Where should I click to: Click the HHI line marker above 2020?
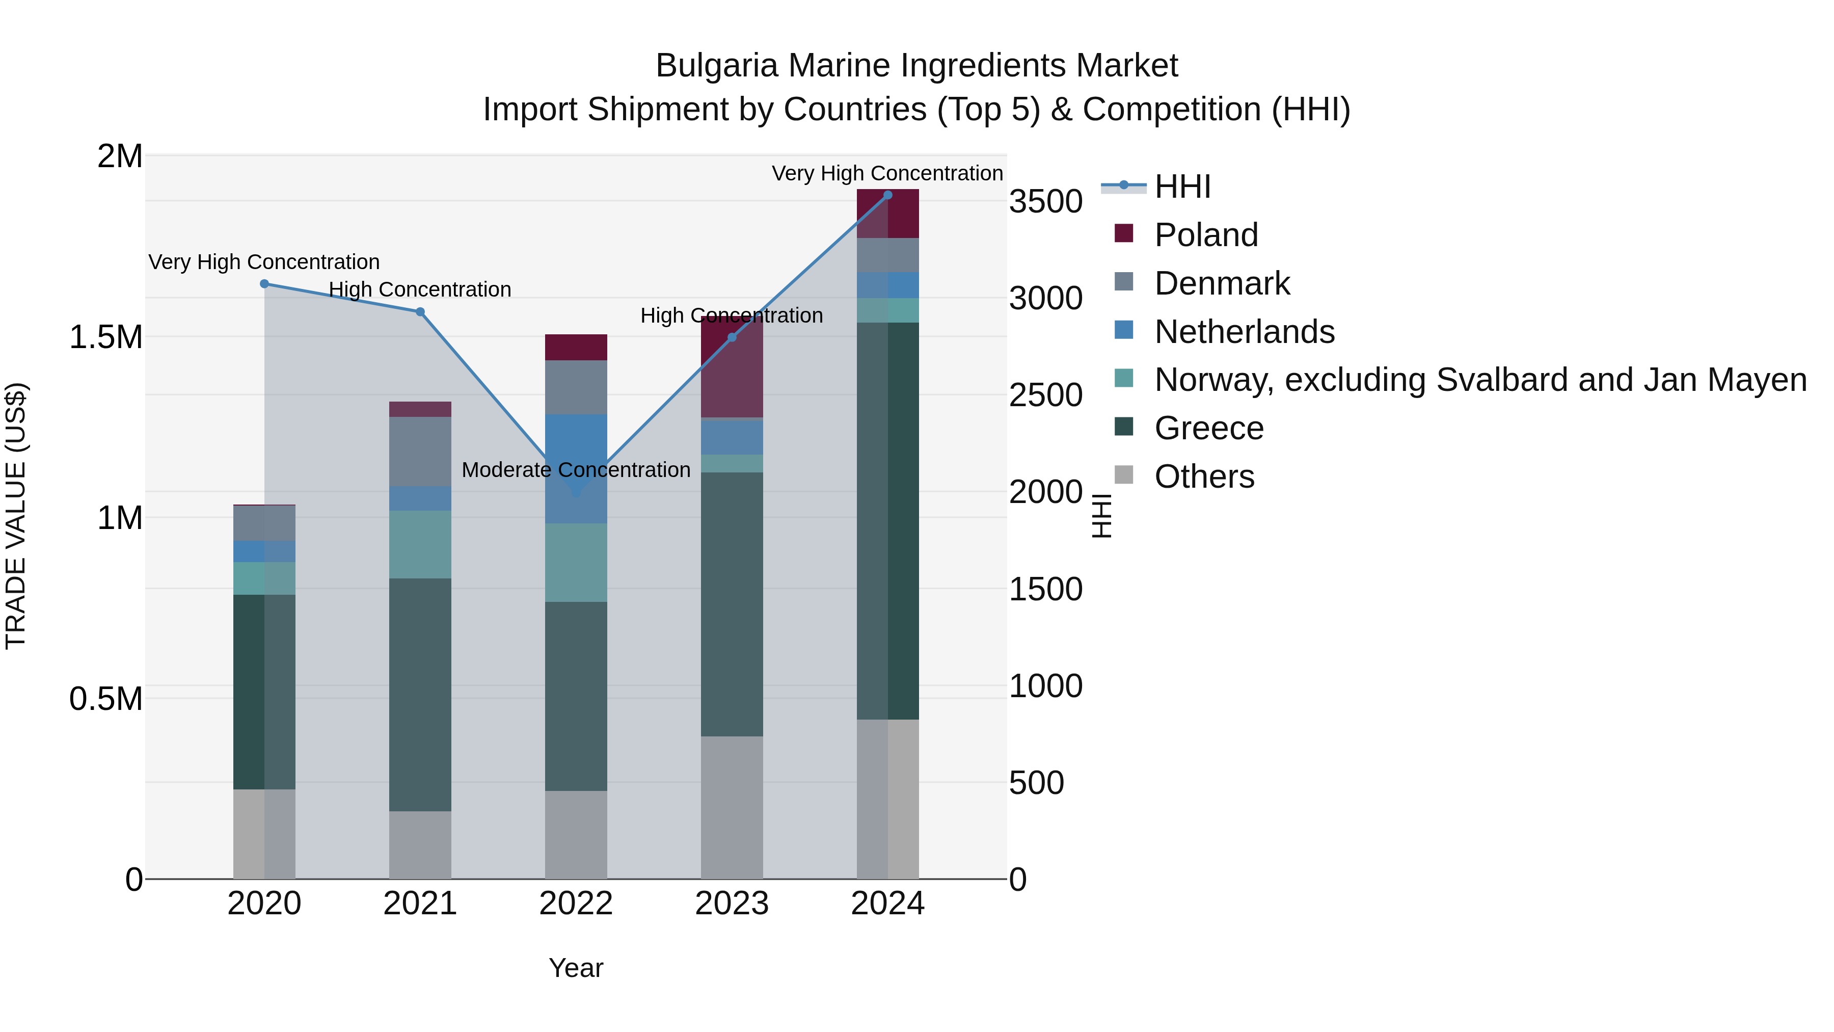tap(264, 283)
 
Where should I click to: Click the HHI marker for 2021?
tap(420, 312)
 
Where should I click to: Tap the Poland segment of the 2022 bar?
tap(576, 347)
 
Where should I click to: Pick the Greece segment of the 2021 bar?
tap(420, 695)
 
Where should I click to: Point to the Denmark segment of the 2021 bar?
tap(420, 452)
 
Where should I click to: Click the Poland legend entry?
tap(1205, 235)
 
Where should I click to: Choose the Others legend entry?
tap(1203, 477)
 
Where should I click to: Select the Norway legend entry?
tap(1479, 380)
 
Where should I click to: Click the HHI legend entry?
tap(1182, 187)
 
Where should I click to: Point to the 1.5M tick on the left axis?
tap(105, 337)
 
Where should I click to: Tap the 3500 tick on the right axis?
tap(1045, 201)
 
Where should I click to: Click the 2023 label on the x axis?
tap(732, 904)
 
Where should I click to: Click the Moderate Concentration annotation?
tap(576, 470)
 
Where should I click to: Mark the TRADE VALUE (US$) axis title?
tap(16, 516)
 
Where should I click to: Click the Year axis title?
tap(576, 968)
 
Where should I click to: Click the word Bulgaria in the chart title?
tap(716, 66)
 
